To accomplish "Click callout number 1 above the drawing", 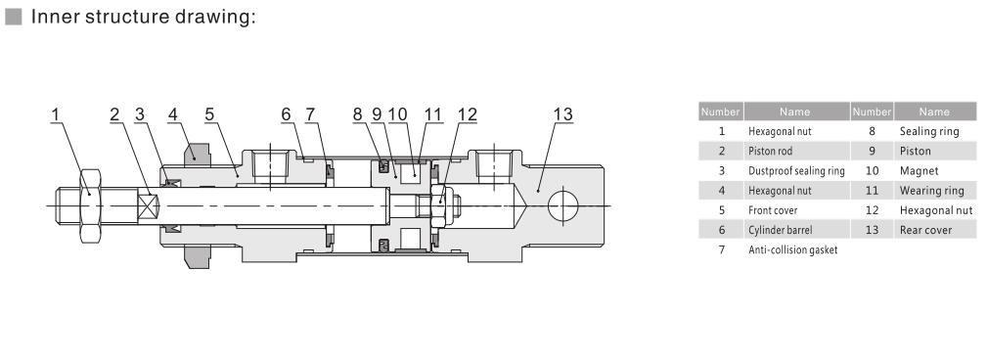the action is (56, 114).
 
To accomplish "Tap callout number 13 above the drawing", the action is (562, 114).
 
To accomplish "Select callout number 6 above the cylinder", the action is (287, 114).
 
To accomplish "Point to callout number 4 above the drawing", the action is (173, 114).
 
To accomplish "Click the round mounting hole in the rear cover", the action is (562, 205).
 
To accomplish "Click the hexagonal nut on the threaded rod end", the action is (90, 205).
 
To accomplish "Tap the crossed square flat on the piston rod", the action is (149, 205).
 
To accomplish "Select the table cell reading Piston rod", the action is (770, 151).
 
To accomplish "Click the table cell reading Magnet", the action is (919, 170).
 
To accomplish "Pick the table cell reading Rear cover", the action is (926, 230).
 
